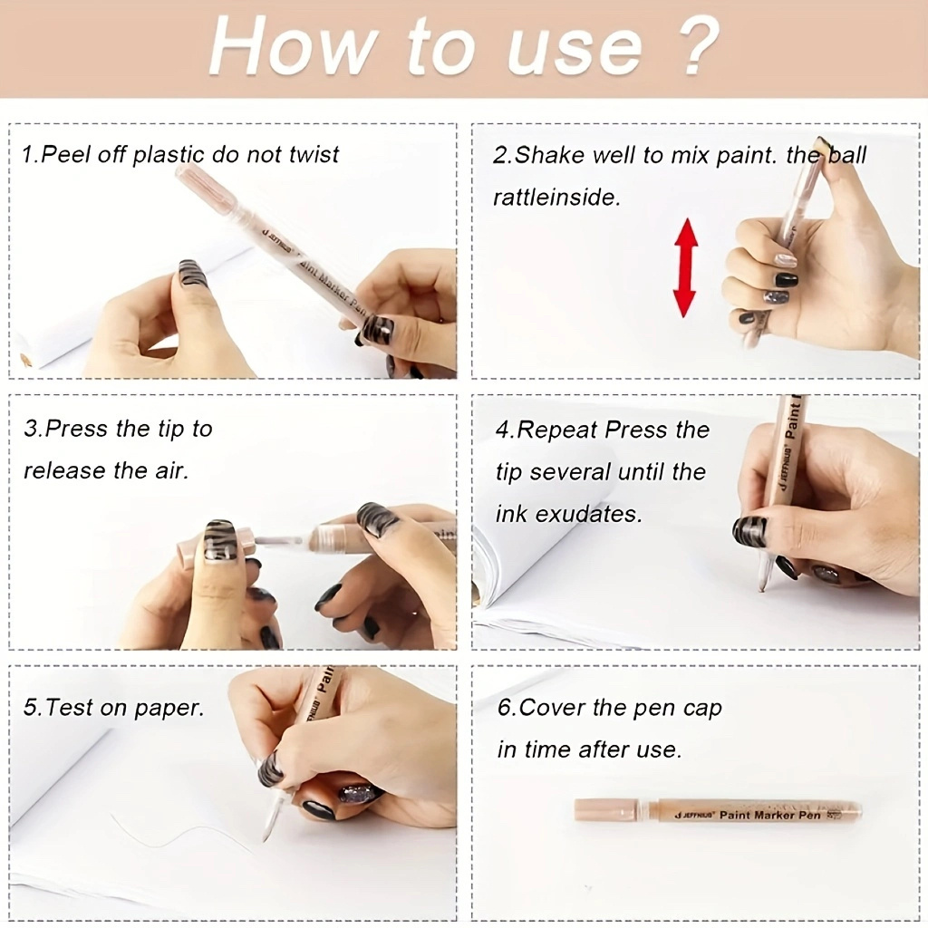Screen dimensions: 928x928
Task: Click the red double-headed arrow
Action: point(685,267)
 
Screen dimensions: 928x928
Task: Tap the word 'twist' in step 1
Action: point(314,154)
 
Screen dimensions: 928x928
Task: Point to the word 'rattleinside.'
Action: point(557,197)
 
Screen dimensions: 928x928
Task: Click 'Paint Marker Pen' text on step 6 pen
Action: point(770,815)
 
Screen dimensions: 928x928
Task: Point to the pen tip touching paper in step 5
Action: point(265,839)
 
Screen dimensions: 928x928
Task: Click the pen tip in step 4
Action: point(763,587)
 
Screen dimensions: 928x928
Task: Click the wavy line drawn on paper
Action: point(178,832)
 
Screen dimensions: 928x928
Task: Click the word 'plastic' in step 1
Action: point(169,155)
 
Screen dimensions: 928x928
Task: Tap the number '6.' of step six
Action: point(507,707)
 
